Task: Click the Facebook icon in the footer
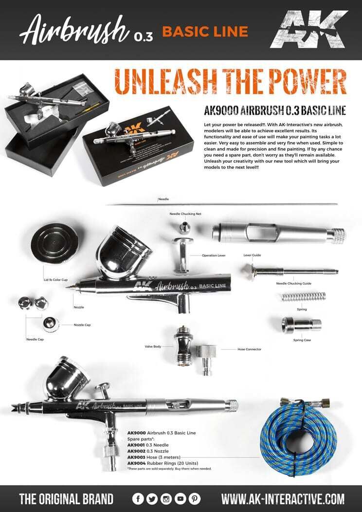point(138,499)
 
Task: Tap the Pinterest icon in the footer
point(195,499)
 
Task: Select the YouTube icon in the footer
point(181,499)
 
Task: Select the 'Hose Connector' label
point(250,349)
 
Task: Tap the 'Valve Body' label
point(153,347)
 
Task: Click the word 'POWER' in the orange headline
point(293,82)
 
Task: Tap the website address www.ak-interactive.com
point(283,499)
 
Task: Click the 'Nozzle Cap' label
point(82,325)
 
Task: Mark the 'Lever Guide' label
point(253,255)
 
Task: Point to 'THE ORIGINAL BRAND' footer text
point(66,499)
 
